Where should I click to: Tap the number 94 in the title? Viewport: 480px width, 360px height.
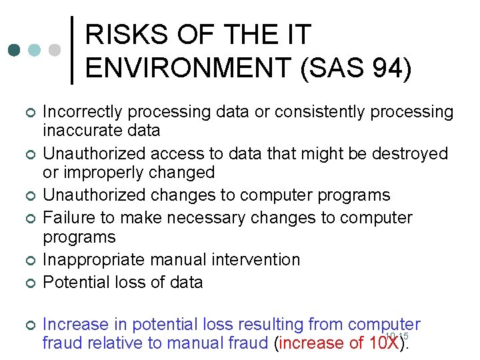[382, 67]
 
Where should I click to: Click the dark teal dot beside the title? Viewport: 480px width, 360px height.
[14, 51]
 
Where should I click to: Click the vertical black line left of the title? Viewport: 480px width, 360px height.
[72, 50]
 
